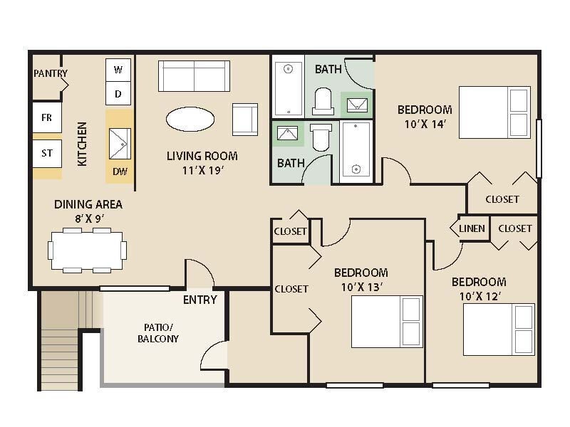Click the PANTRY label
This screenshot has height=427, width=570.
tap(50, 73)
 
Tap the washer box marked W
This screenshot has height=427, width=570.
tap(118, 70)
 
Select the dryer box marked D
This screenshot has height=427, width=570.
tap(118, 93)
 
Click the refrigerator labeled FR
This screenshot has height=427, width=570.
tap(46, 117)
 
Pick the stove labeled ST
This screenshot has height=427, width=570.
tap(46, 153)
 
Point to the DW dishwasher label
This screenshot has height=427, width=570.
tap(119, 171)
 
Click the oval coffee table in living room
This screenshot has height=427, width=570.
tap(190, 119)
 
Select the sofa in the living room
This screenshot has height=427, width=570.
tap(194, 75)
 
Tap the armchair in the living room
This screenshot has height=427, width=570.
tap(244, 119)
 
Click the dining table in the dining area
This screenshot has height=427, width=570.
tap(88, 250)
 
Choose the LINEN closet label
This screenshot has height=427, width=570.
tap(472, 228)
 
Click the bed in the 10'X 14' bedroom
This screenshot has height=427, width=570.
tap(494, 112)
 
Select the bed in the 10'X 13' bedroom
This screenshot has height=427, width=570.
tap(387, 321)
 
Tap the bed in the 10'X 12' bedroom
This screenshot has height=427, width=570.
tap(498, 329)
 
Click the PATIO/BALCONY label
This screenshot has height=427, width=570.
tap(158, 333)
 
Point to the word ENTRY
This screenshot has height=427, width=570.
tap(199, 300)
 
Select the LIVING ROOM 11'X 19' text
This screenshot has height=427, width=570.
tap(202, 162)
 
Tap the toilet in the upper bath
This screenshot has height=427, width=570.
tap(323, 101)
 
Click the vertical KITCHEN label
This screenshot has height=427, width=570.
tap(82, 144)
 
